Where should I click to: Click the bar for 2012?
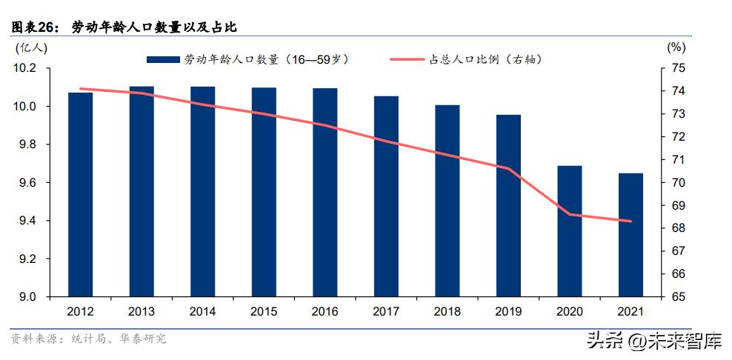pos(80,194)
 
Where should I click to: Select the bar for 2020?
pos(570,230)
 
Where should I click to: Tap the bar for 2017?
pos(386,196)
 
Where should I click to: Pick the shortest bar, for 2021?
pos(630,235)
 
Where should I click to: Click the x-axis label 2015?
pos(264,312)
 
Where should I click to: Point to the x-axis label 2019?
pos(508,312)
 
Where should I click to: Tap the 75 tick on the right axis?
pos(678,68)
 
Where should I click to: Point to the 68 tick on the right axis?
pos(678,228)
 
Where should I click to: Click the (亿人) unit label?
pos(32,47)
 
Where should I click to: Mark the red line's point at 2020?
pos(570,215)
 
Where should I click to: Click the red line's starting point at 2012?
pos(80,89)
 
